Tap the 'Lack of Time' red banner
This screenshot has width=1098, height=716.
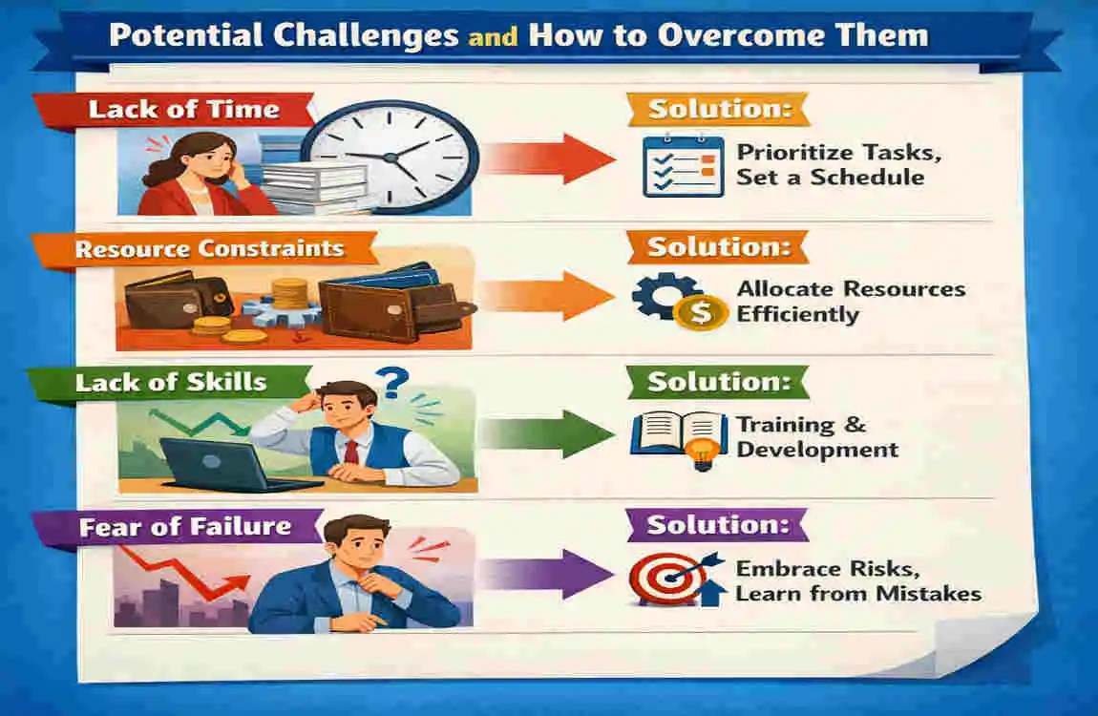click(x=179, y=110)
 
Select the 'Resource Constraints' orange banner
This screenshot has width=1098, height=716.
click(x=206, y=249)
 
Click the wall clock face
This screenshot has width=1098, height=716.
click(x=391, y=157)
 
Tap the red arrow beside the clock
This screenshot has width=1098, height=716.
click(x=549, y=158)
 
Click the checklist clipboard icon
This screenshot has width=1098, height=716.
click(x=683, y=166)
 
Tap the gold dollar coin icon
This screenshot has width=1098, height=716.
click(x=700, y=312)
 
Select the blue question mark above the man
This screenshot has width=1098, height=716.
click(x=392, y=383)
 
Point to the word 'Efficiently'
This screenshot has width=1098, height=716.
click(x=797, y=315)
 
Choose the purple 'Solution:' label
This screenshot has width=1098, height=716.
click(x=718, y=526)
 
